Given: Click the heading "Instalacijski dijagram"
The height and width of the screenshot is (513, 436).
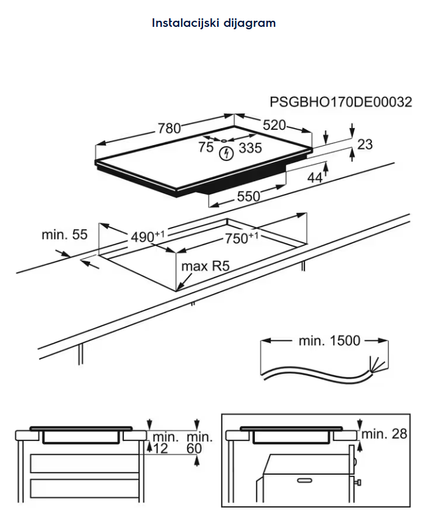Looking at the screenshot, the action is coord(213,23).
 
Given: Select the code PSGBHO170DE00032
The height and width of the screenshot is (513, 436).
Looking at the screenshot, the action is coord(340,102).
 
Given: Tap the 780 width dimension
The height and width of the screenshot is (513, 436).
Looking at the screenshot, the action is coord(169,128).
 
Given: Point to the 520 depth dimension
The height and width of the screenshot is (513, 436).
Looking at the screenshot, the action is coord(274,125).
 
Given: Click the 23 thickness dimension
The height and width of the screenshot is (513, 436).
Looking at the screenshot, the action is coord(365,145).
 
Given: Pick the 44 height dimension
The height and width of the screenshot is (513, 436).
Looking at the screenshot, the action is coord(315,178).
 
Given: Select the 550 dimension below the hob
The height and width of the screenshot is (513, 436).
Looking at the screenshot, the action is coord(249,196).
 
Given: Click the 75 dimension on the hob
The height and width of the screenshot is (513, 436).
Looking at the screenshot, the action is coord(205,147).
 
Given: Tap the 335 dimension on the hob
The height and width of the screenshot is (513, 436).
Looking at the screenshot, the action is coord(250,148).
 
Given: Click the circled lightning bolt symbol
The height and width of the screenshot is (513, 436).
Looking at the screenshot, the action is coord(226,154).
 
